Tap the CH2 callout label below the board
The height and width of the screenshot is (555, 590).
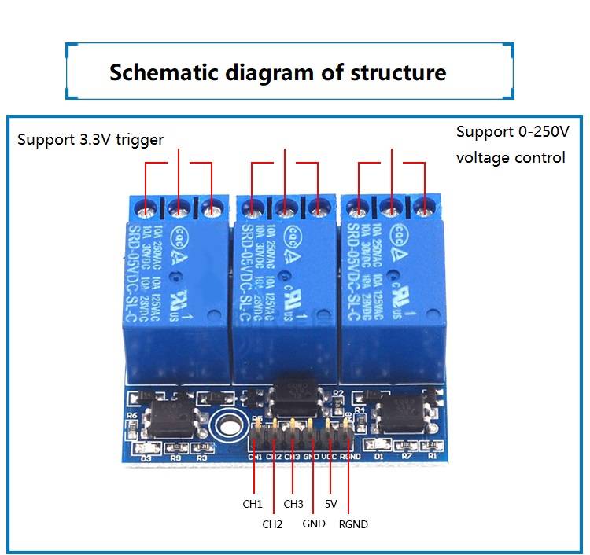[272, 524]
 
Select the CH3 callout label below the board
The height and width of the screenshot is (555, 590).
[293, 504]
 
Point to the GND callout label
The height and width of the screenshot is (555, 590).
[314, 524]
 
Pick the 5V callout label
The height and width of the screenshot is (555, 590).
[330, 504]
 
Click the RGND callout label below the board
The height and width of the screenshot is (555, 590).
[353, 524]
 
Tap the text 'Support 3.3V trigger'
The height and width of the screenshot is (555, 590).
[90, 140]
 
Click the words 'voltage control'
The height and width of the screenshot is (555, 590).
[511, 157]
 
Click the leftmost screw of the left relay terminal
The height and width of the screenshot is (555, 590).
[146, 211]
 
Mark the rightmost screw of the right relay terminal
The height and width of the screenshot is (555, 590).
[425, 210]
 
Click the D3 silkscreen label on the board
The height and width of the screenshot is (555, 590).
[146, 457]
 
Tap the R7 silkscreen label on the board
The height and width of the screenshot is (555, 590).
[407, 456]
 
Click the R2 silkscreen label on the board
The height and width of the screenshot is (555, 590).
[338, 391]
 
